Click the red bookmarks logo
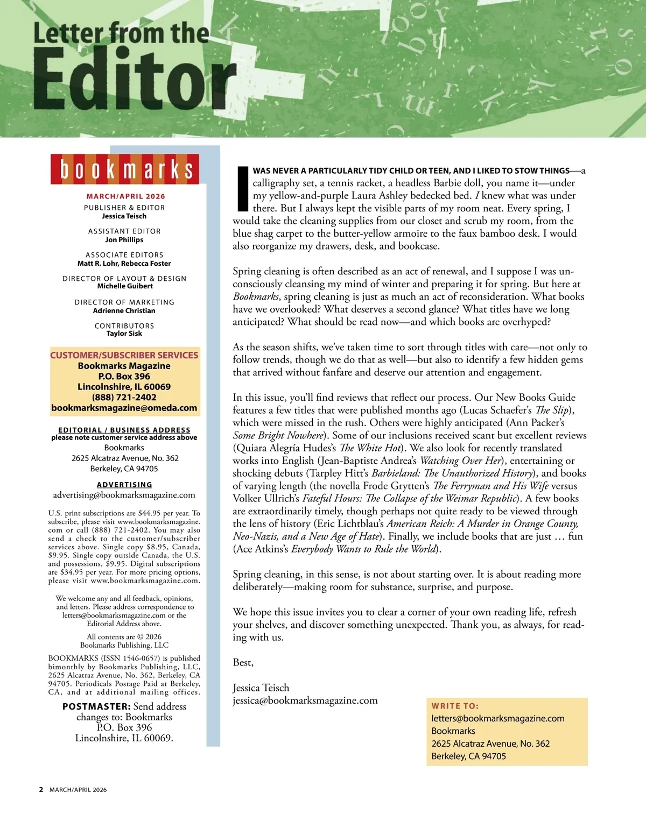tap(125, 169)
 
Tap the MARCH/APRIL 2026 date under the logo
tap(125, 196)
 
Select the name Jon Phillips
tap(124, 240)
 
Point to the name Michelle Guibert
tap(125, 286)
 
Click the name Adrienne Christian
tap(124, 310)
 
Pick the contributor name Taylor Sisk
tap(124, 334)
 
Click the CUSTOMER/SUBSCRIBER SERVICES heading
tap(124, 355)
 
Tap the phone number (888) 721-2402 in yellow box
tap(124, 397)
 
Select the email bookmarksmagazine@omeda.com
tap(124, 408)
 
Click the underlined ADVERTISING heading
tap(124, 485)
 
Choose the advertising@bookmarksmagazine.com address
tap(124, 495)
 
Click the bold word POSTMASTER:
tap(96, 706)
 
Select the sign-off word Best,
tap(243, 662)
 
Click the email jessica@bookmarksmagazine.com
tap(305, 700)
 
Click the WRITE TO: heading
tap(455, 706)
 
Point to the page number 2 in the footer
tap(41, 790)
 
